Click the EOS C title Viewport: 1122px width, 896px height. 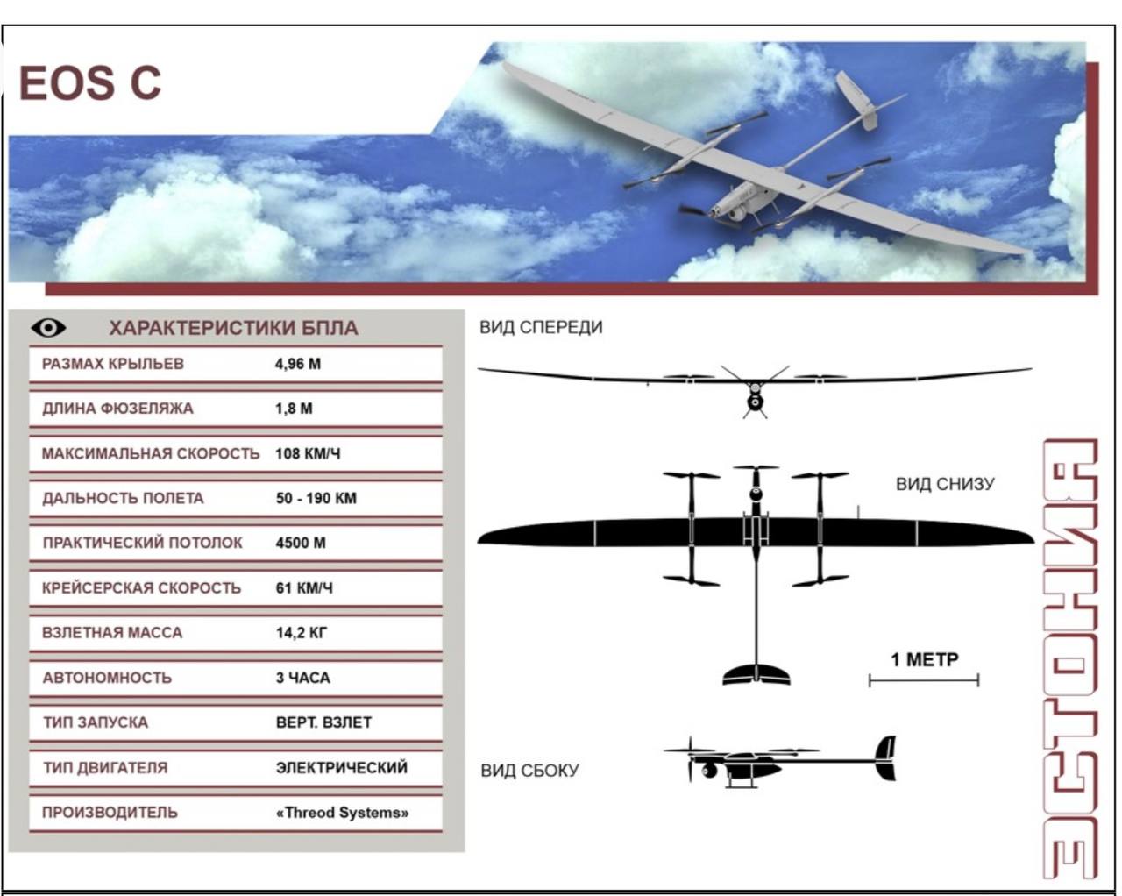tap(89, 82)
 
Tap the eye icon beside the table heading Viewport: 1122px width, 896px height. tap(48, 328)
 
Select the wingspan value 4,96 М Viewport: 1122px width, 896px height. tap(298, 364)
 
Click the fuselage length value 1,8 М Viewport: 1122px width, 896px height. tap(294, 409)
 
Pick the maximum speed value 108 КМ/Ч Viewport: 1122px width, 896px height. tap(308, 454)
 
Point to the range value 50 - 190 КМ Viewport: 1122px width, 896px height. tap(316, 498)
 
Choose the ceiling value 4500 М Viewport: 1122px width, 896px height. tap(301, 543)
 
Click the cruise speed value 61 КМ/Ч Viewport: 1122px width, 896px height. tap(304, 588)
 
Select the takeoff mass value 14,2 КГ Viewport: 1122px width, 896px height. tap(302, 633)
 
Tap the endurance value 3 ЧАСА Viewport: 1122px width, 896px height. tap(303, 678)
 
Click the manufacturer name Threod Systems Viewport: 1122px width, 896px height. tap(342, 813)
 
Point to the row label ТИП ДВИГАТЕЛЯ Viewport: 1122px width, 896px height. tap(105, 768)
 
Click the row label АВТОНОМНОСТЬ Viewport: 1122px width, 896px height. tap(107, 678)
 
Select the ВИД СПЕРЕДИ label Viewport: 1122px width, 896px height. tap(541, 327)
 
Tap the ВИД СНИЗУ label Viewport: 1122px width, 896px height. tap(945, 484)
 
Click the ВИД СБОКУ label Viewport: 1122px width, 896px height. tap(529, 771)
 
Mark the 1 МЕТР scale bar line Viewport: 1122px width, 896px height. tap(924, 680)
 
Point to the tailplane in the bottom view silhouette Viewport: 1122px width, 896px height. tap(756, 674)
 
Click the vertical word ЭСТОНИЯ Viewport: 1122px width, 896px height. tap(1070, 659)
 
